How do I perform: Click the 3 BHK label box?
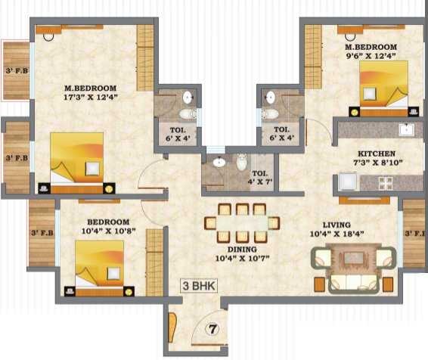[199, 286]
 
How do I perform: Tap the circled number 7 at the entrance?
[212, 329]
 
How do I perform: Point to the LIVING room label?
[337, 225]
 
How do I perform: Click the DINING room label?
[242, 250]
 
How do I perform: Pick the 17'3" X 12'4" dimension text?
[90, 97]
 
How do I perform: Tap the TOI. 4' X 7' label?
[260, 178]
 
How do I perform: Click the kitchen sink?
[406, 129]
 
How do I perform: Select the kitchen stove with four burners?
[386, 183]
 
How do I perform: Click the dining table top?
[242, 223]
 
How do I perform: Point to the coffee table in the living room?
[354, 258]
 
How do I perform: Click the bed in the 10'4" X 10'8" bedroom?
[99, 268]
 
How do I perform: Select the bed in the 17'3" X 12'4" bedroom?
[76, 163]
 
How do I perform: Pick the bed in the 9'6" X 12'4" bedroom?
[383, 88]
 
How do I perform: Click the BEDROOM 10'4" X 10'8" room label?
[108, 226]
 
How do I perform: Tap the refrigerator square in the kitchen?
[348, 182]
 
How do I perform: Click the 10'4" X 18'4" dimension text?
[337, 234]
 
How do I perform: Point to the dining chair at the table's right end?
[274, 222]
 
